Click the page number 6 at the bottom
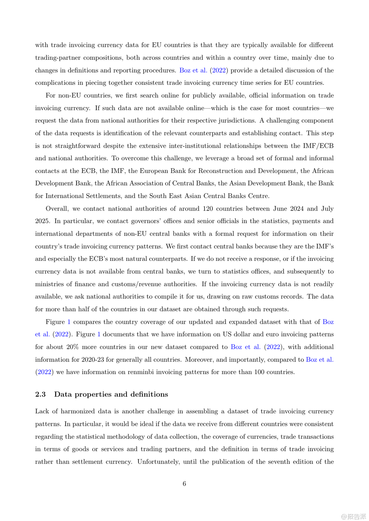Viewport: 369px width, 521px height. tap(184, 483)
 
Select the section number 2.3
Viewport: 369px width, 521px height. tap(40, 394)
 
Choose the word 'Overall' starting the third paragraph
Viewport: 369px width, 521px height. tap(57, 208)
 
